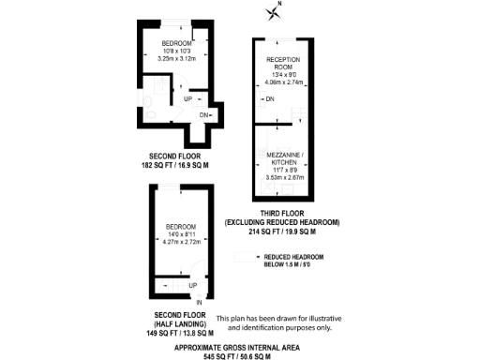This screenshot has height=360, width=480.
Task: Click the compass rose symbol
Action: (x=274, y=11)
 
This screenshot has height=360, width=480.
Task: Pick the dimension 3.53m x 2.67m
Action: (x=281, y=177)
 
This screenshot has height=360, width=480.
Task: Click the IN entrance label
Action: (x=199, y=301)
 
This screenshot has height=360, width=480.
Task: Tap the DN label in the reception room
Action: (x=270, y=98)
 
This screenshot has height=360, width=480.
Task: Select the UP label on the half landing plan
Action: (x=192, y=285)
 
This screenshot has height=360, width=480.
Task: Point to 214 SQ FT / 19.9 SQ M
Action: (x=281, y=231)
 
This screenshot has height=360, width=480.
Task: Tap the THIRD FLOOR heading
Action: (x=281, y=212)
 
